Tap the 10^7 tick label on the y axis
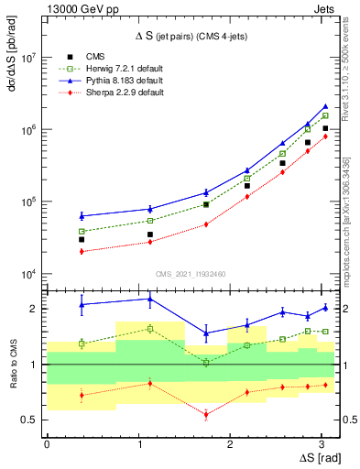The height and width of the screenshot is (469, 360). pyautogui.click(x=28, y=57)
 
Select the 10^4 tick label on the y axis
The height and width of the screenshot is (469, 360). pyautogui.click(x=28, y=274)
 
